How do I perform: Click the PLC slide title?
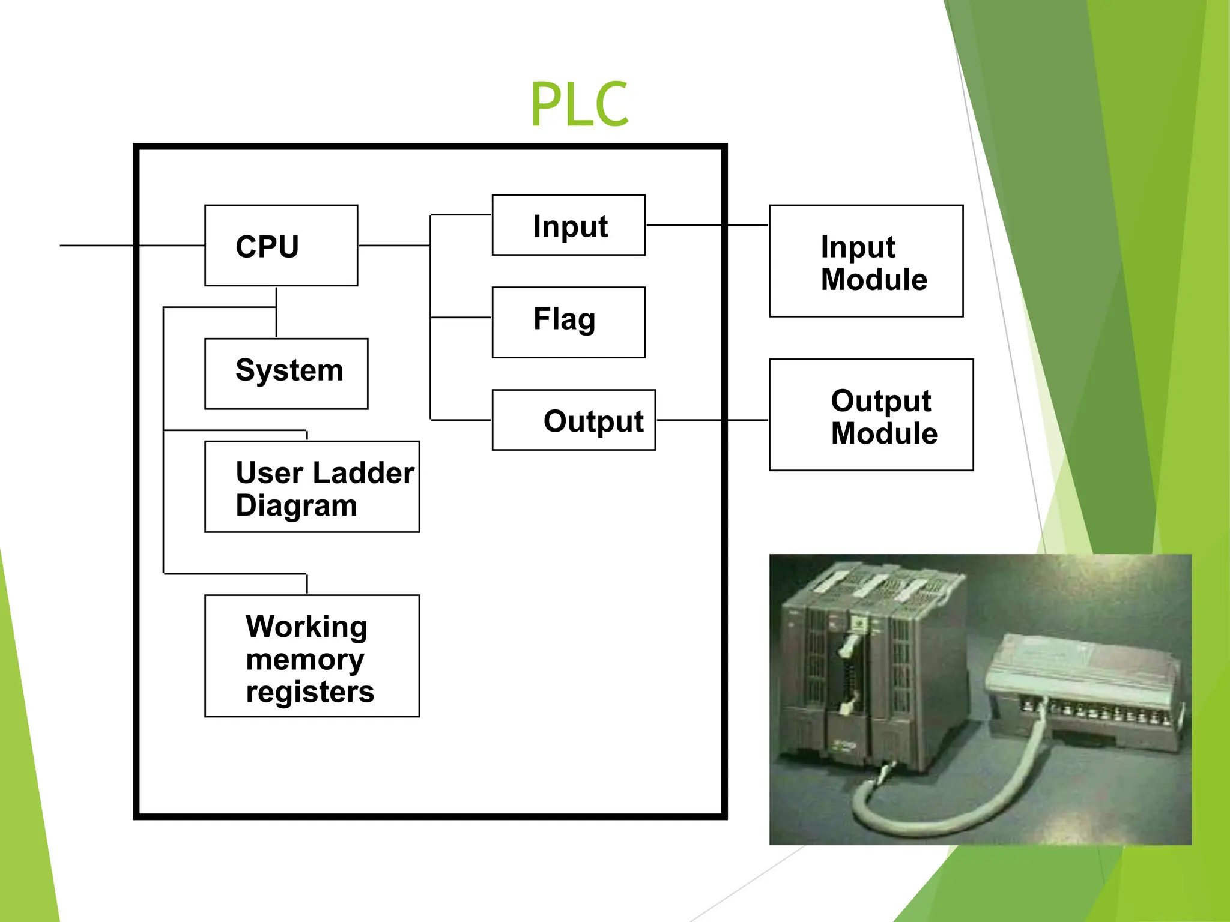[579, 104]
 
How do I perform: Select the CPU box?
[281, 246]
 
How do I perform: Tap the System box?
[286, 373]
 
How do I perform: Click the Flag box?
[568, 322]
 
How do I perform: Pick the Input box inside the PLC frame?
[568, 225]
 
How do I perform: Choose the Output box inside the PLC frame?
[574, 420]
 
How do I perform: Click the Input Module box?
[866, 261]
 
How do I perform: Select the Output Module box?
[871, 415]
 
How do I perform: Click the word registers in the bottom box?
[310, 691]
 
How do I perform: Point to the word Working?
[306, 627]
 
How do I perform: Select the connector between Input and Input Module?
[706, 225]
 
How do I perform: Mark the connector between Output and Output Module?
[712, 420]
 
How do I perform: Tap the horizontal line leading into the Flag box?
[461, 317]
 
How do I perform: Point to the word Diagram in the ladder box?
[296, 505]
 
